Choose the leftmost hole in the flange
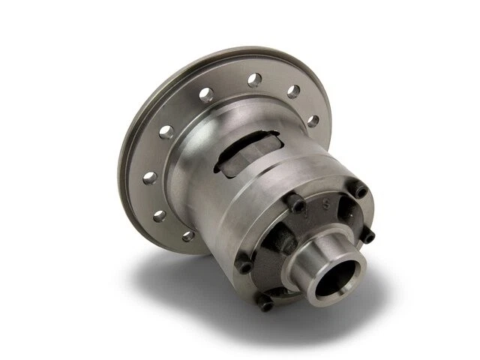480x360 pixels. [149, 178]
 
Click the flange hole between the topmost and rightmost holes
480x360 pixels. [293, 92]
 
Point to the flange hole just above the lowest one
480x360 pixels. [159, 214]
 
